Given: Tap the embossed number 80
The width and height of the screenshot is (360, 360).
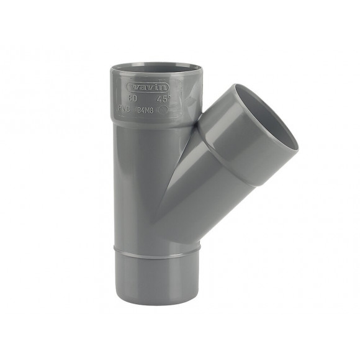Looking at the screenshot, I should pyautogui.click(x=132, y=97).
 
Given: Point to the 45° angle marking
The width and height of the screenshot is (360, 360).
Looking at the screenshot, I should pyautogui.click(x=163, y=98).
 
